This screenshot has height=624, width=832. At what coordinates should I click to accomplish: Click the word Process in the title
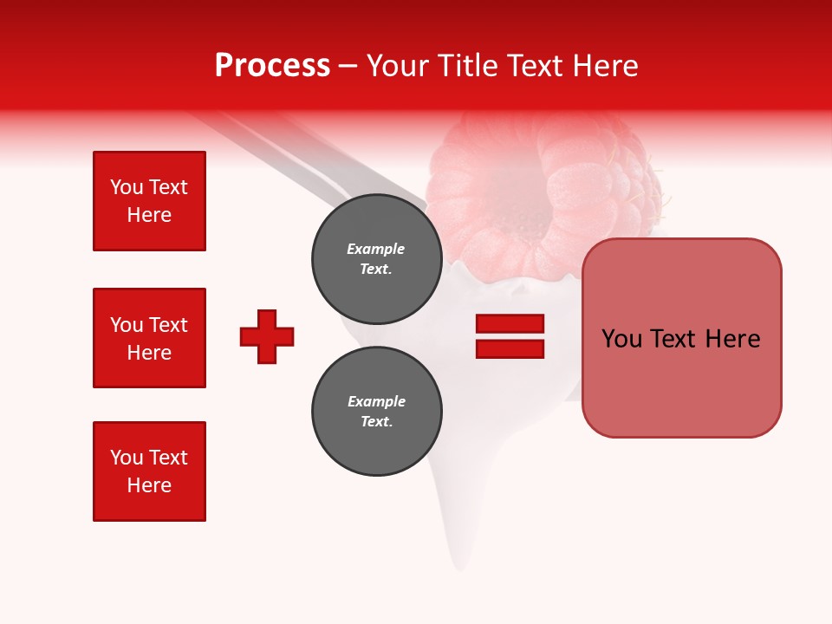pyautogui.click(x=272, y=66)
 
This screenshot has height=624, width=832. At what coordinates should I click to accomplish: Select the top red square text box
pyautogui.click(x=149, y=201)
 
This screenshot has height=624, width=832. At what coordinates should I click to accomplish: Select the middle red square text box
pyautogui.click(x=149, y=338)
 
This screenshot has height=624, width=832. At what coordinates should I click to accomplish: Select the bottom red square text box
pyautogui.click(x=149, y=471)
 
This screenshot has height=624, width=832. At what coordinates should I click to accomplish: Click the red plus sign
pyautogui.click(x=267, y=336)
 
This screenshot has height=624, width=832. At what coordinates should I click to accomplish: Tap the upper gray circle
pyautogui.click(x=376, y=258)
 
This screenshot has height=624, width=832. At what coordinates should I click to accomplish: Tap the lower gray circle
pyautogui.click(x=376, y=411)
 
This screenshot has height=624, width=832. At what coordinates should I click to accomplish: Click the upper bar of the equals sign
pyautogui.click(x=510, y=323)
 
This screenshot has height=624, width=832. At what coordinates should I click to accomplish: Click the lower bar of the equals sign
pyautogui.click(x=510, y=348)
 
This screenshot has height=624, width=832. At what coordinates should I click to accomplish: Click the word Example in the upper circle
pyautogui.click(x=376, y=249)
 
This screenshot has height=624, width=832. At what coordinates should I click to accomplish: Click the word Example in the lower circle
pyautogui.click(x=376, y=401)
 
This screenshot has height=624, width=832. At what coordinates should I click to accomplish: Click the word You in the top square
pyautogui.click(x=126, y=187)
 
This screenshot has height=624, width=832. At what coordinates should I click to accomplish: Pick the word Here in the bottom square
pyautogui.click(x=149, y=485)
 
